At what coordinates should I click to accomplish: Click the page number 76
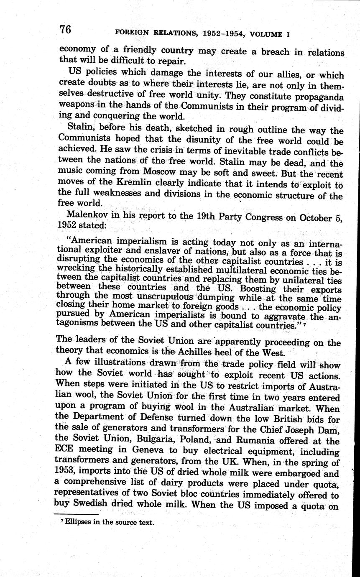click(x=65, y=29)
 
